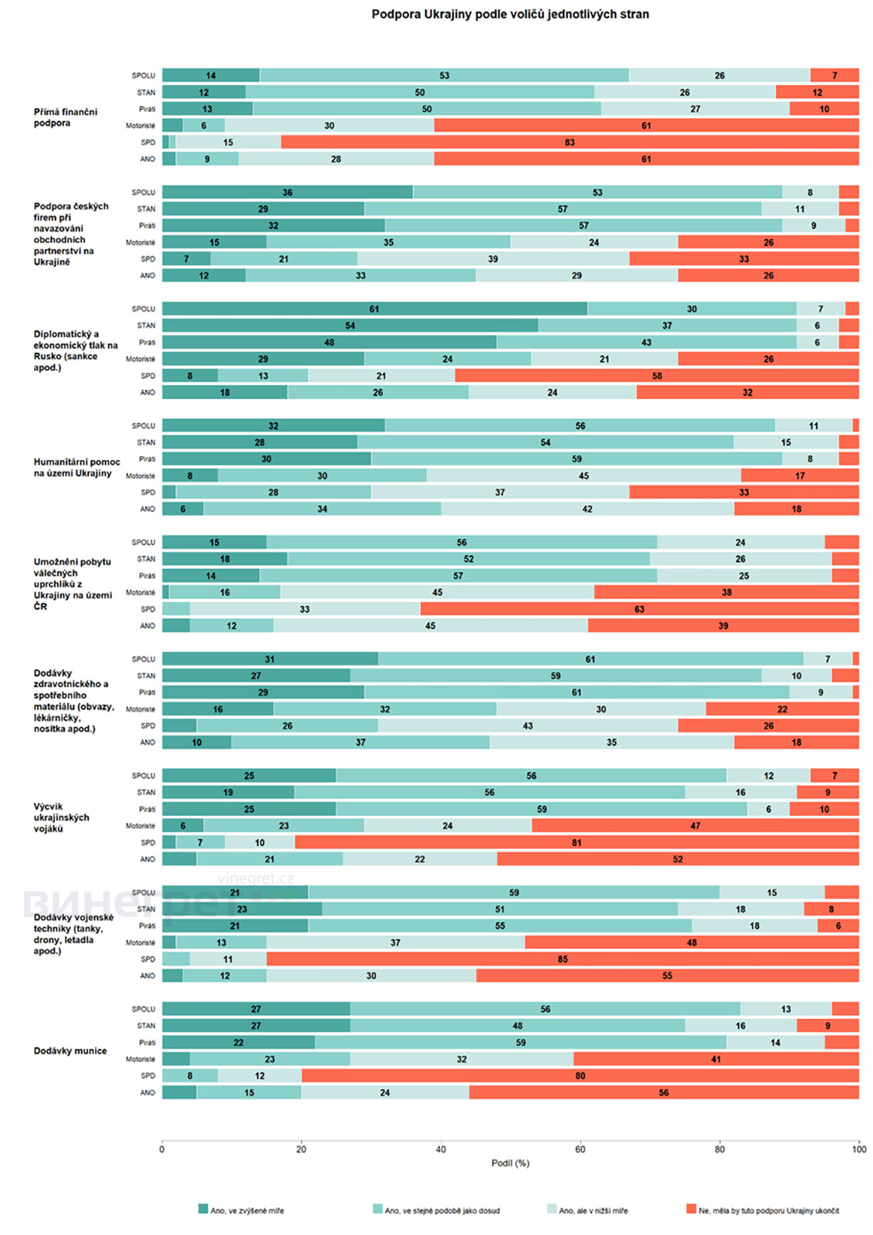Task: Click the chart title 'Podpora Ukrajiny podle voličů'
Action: click(509, 14)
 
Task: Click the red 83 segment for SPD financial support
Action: click(570, 142)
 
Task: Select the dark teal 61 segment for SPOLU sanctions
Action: click(374, 309)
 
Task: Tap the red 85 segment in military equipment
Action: click(563, 959)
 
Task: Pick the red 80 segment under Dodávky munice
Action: click(580, 1075)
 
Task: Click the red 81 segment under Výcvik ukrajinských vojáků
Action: click(577, 842)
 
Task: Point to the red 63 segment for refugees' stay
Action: click(639, 609)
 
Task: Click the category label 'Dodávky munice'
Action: click(70, 1051)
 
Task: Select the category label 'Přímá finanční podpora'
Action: click(66, 117)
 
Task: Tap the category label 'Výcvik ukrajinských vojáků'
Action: click(61, 817)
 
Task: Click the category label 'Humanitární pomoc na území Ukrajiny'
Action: click(76, 468)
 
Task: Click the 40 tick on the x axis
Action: click(441, 1149)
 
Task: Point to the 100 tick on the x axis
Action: click(859, 1149)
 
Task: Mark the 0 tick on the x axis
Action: click(162, 1149)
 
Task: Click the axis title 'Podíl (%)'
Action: click(510, 1163)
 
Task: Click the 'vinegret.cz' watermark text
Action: click(255, 878)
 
